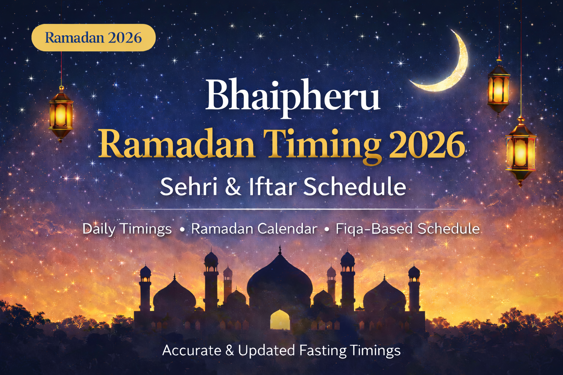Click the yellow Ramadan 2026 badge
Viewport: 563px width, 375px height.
click(93, 38)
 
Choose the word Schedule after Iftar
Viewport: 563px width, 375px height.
click(354, 186)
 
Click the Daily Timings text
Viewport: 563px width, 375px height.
click(127, 229)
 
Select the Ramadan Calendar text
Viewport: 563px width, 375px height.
click(254, 229)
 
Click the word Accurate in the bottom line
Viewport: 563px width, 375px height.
click(192, 350)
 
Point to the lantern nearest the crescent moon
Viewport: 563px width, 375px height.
click(498, 88)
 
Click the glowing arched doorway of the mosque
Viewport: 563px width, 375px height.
click(280, 319)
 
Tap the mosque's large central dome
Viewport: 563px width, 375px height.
click(280, 278)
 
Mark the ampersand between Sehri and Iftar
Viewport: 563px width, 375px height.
click(233, 186)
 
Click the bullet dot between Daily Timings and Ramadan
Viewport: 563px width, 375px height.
click(182, 230)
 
